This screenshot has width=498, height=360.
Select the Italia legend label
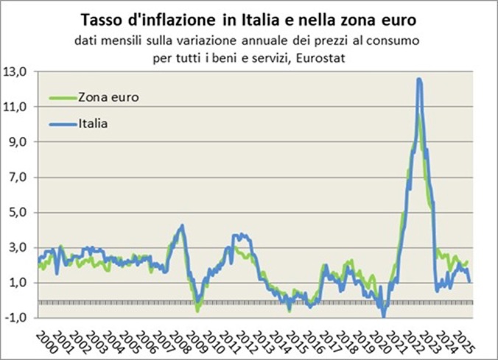coord(94,123)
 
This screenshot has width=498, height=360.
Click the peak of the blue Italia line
coord(418,79)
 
